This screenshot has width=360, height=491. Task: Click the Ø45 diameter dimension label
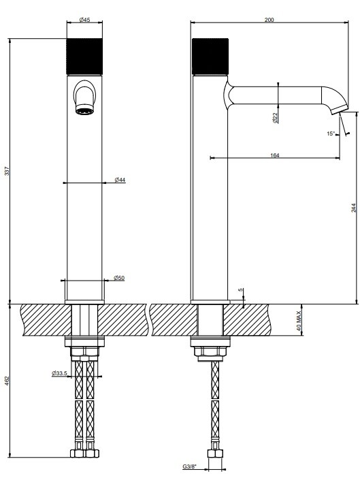pos(84,20)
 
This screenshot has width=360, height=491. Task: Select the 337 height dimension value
pos(7,171)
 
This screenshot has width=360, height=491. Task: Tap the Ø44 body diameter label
pos(120,180)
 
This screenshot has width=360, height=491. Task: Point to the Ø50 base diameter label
pos(119,278)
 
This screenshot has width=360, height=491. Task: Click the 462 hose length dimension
pos(7,381)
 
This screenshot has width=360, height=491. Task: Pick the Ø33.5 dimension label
pos(59,373)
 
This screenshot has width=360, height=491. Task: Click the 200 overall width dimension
pos(269,20)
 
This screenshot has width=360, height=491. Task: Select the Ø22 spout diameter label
pos(275,118)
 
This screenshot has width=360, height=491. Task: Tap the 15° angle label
pos(331,133)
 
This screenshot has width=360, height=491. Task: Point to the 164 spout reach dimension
pos(274,155)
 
